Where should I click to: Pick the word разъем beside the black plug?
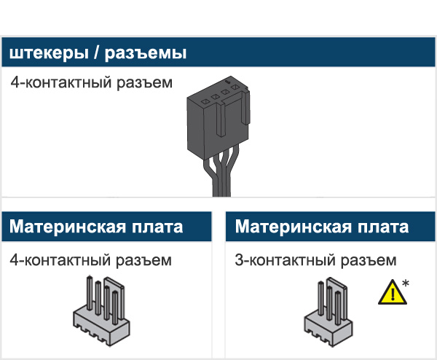pyautogui.click(x=145, y=82)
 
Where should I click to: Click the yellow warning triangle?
pyautogui.click(x=391, y=294)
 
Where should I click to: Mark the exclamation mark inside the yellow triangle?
pyautogui.click(x=391, y=295)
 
